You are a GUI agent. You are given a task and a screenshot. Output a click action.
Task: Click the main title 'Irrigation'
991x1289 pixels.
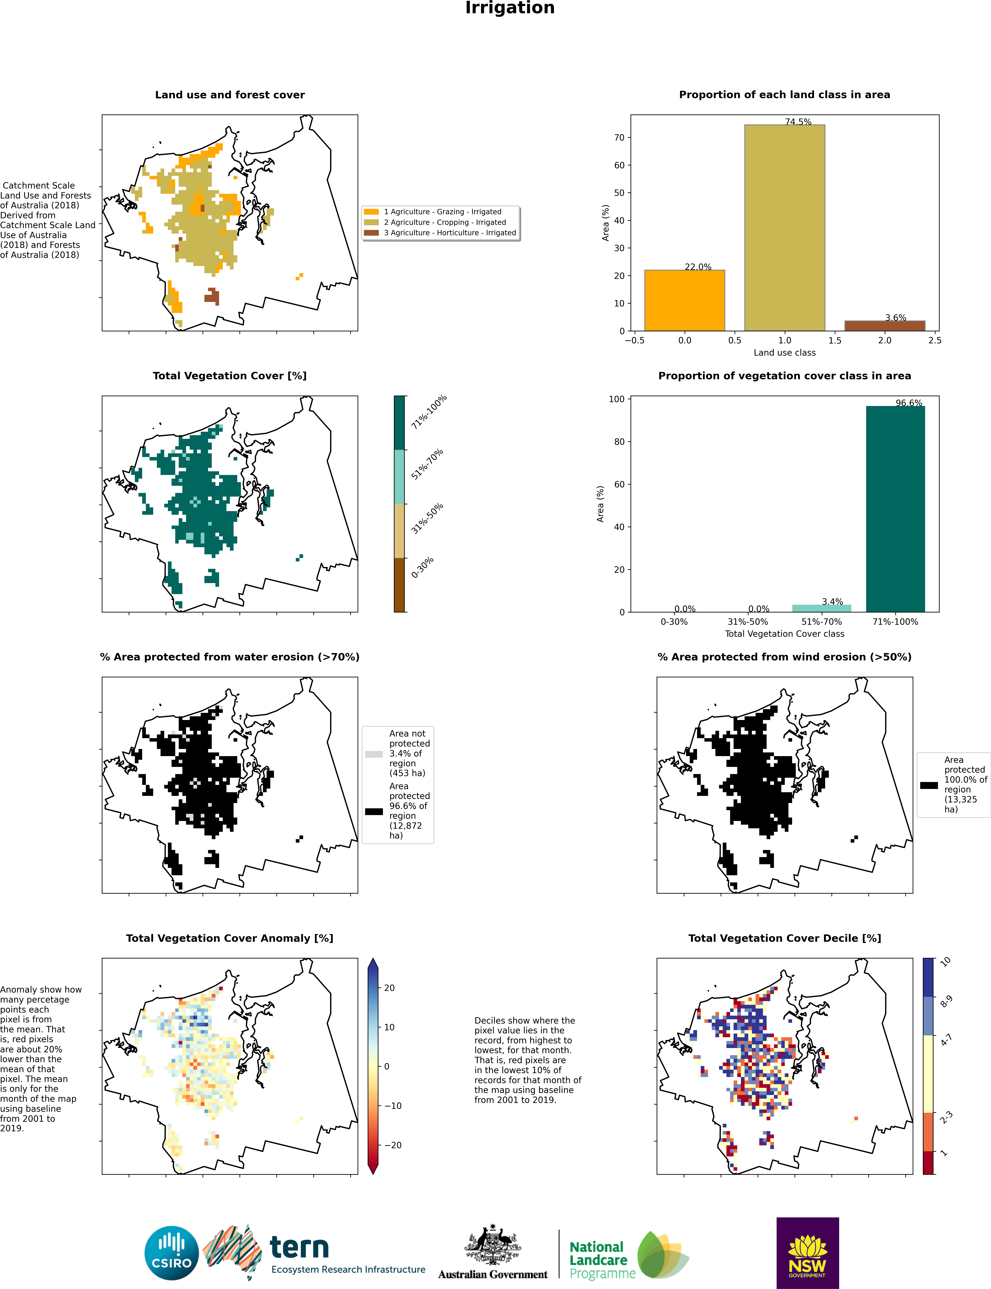[x=510, y=8]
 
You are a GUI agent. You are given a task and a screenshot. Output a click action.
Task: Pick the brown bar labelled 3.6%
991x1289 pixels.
[x=884, y=326]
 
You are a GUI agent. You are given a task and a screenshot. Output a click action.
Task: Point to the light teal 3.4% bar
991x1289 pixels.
[x=821, y=608]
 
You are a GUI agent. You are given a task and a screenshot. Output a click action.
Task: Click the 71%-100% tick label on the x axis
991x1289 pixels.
[x=895, y=622]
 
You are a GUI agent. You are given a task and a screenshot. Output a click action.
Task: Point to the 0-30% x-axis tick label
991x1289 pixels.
[x=674, y=622]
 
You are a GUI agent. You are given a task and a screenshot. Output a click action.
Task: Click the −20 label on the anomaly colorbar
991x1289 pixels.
[x=392, y=1145]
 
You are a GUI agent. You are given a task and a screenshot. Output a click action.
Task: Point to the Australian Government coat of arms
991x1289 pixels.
[x=493, y=1245]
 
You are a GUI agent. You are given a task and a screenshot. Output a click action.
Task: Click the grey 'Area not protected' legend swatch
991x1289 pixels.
[x=374, y=754]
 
